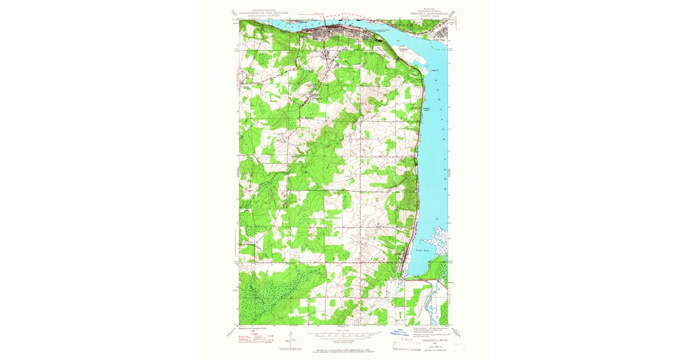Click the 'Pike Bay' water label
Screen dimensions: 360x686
(422, 251)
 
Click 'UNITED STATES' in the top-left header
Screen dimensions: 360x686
(261, 10)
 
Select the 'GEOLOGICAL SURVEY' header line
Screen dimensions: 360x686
(261, 16)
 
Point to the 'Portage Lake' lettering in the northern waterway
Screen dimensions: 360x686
(297, 25)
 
